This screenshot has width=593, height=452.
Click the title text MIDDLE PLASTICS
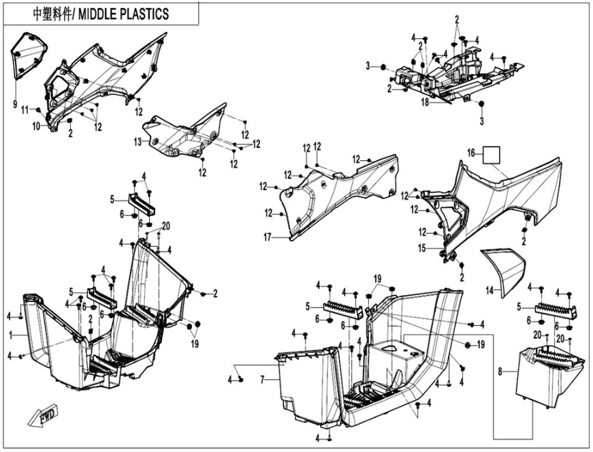[127, 14]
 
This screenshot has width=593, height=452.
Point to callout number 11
[25, 110]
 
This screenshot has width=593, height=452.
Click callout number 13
[137, 142]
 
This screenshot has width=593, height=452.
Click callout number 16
[470, 153]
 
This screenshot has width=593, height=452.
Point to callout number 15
[422, 248]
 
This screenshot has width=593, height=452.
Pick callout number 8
[501, 372]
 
